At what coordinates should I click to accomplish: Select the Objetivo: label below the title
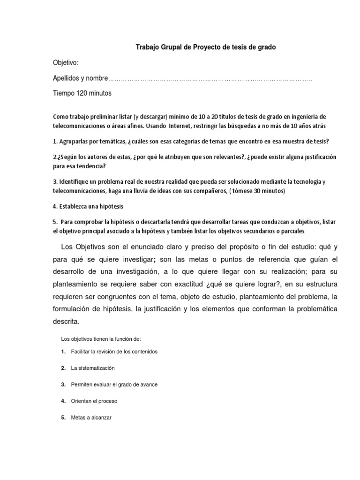pos(66,63)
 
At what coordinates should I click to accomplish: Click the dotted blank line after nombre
pos(210,78)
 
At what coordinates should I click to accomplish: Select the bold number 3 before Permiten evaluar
pos(63,384)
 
